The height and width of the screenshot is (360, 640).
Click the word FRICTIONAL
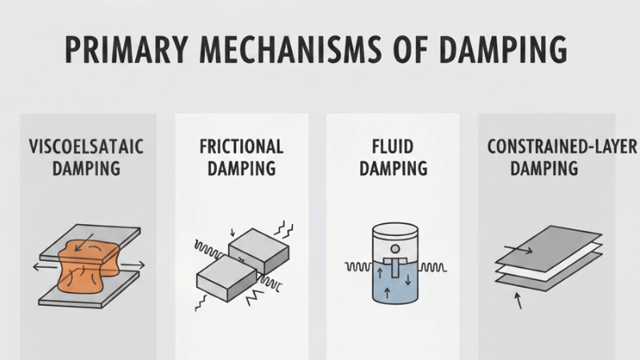(x=242, y=147)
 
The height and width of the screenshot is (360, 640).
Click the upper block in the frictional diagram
(x=257, y=246)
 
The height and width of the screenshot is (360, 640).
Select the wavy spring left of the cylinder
(x=357, y=266)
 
